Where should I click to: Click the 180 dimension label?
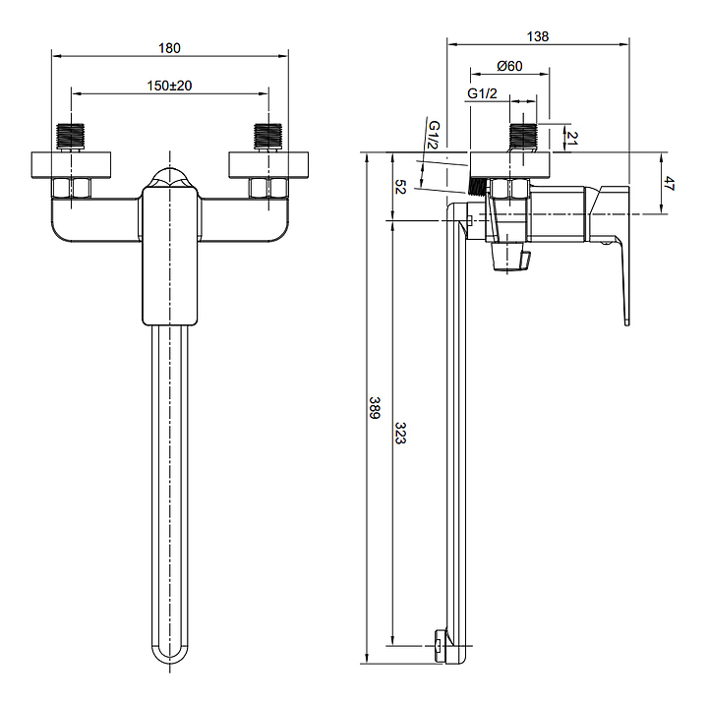169,48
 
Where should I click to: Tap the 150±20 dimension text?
169,86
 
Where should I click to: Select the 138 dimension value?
538,36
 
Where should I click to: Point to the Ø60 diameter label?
509,66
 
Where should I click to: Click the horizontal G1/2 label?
482,93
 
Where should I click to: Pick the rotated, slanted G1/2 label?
434,135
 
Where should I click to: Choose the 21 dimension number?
572,138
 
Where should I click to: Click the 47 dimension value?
670,184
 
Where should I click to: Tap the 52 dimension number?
400,187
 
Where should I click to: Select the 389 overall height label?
375,408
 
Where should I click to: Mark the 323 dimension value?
400,433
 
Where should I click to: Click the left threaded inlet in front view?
71,137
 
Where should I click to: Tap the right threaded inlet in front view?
268,137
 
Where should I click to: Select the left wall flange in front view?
71,165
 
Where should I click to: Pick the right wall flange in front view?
268,165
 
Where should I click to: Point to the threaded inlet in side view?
523,137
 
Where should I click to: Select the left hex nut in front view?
72,188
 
